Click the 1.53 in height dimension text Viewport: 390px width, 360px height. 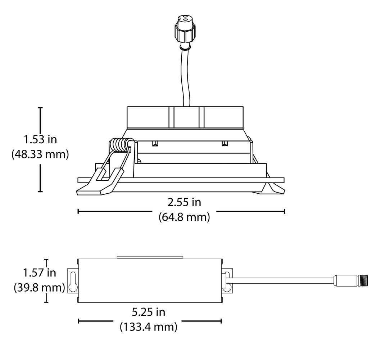pos(40,139)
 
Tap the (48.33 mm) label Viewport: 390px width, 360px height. pos(40,154)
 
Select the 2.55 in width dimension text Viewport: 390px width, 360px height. pos(184,202)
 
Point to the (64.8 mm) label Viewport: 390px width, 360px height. pos(184,217)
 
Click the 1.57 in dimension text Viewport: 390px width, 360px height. pos(40,273)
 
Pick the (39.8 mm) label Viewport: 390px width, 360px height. pos(40,288)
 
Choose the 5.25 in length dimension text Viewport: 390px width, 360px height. pos(148,312)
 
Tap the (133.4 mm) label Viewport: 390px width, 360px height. pos(149,327)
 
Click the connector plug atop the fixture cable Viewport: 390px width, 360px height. pos(185,32)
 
